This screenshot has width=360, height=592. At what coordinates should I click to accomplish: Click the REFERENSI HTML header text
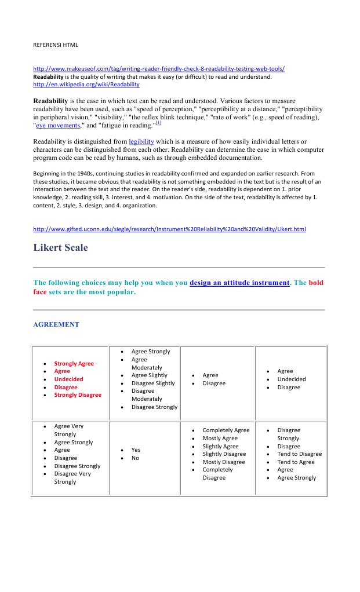pyautogui.click(x=56, y=45)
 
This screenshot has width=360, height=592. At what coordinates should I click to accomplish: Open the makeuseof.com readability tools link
pyautogui.click(x=158, y=68)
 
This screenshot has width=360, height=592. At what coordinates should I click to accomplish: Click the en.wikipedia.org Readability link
pyautogui.click(x=86, y=84)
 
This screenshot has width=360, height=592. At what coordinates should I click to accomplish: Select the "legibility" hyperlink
pyautogui.click(x=141, y=141)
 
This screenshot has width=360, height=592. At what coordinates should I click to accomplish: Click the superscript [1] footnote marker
pyautogui.click(x=158, y=123)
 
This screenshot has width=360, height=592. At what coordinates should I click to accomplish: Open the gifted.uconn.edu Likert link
pyautogui.click(x=169, y=229)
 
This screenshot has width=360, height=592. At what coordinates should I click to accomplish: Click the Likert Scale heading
pyautogui.click(x=61, y=248)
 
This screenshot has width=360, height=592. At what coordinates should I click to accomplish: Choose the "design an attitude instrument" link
pyautogui.click(x=239, y=283)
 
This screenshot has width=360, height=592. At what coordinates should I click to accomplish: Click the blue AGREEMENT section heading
pyautogui.click(x=56, y=324)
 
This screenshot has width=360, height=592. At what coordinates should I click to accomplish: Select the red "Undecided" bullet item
pyautogui.click(x=68, y=379)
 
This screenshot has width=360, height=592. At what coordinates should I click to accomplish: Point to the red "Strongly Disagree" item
pyautogui.click(x=78, y=395)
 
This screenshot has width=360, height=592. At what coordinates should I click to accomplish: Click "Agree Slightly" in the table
pyautogui.click(x=149, y=375)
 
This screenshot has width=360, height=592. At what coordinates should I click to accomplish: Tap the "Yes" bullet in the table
pyautogui.click(x=136, y=450)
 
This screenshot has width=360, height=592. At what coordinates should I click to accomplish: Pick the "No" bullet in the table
pyautogui.click(x=135, y=458)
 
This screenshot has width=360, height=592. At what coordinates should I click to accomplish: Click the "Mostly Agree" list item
pyautogui.click(x=220, y=438)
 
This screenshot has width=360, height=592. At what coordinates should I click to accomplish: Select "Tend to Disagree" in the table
pyautogui.click(x=299, y=454)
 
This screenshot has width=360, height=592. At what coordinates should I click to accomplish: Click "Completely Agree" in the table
pyautogui.click(x=226, y=430)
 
